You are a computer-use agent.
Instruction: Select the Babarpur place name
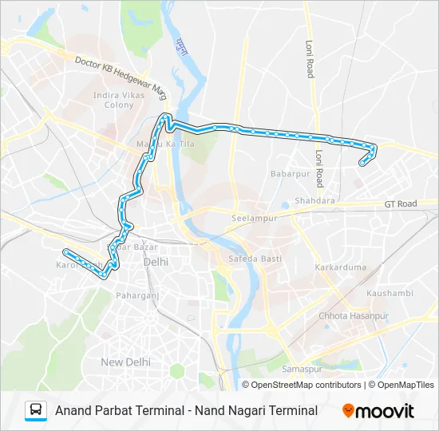coord(289,173)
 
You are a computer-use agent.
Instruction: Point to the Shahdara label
coord(314,201)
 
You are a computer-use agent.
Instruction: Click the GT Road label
coord(401,204)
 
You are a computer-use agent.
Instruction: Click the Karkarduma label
coord(340,267)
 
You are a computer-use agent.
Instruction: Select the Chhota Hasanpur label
coord(353,316)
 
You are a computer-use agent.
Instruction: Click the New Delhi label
coord(125,362)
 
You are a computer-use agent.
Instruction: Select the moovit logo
coord(378,411)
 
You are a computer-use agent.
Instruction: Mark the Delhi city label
coord(156,262)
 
